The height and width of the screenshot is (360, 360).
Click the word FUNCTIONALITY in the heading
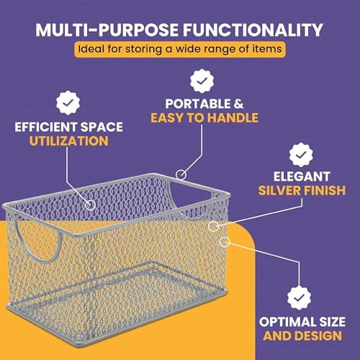click(x=256, y=31)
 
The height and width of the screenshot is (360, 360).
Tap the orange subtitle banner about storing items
click(x=180, y=50)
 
